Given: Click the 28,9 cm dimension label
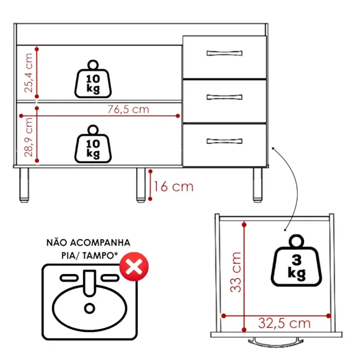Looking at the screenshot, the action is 29,136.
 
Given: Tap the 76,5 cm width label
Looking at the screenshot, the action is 128,109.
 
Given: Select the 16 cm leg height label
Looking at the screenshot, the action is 174,186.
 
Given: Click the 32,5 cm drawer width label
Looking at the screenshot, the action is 284,323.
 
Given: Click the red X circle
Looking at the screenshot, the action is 134,267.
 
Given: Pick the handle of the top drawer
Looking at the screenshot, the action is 224,52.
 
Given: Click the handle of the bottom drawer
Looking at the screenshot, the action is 224,141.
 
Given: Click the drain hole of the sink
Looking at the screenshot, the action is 90,308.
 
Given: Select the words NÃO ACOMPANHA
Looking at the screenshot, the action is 88,242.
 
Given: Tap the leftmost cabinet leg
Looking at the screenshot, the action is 24,185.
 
